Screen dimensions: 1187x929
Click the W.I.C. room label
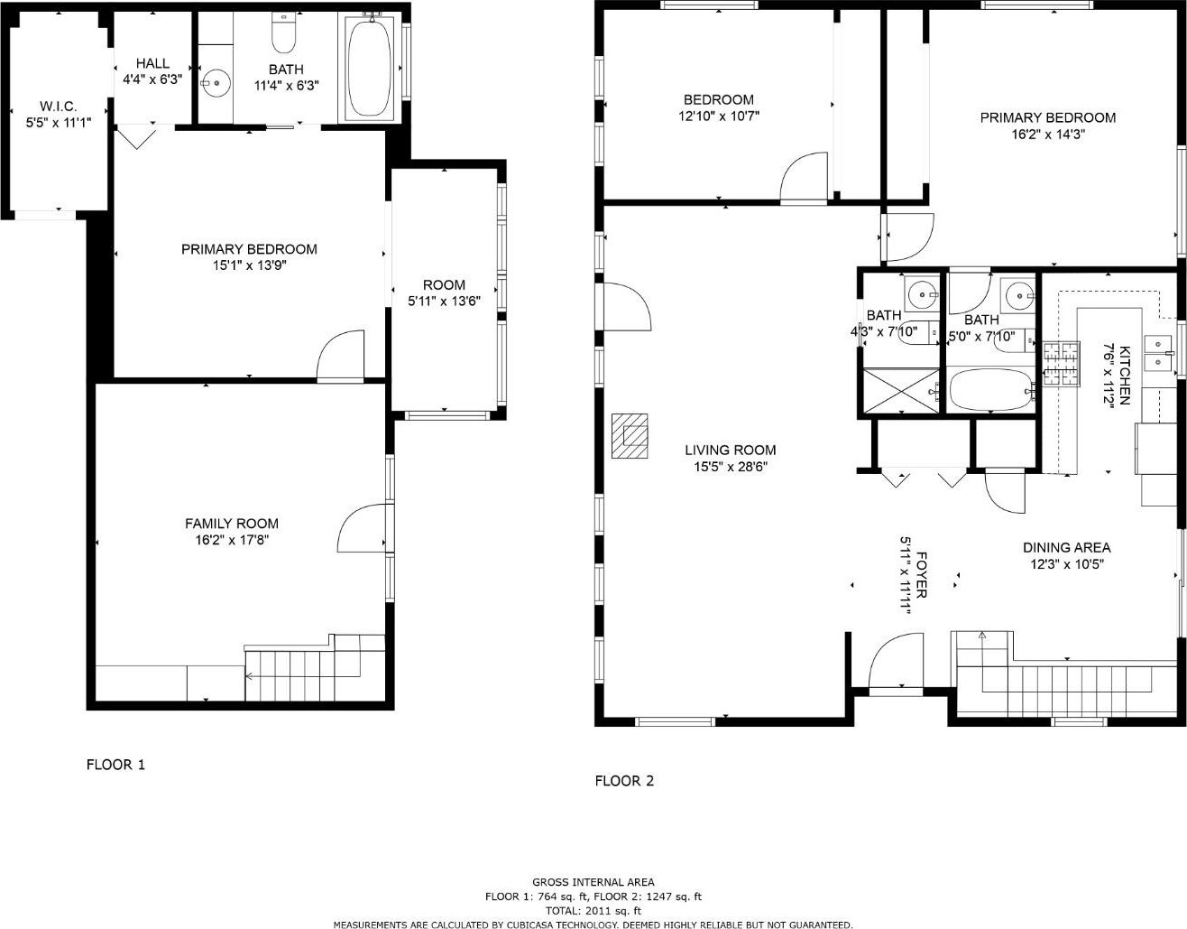58,106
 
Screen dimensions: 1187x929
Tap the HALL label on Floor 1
152,63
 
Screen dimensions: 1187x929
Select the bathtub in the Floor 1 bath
370,68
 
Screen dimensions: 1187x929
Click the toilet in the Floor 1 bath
283,33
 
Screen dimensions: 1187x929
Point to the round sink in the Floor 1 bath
216,83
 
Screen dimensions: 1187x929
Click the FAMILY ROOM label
232,524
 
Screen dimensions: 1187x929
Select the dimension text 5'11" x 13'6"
444,302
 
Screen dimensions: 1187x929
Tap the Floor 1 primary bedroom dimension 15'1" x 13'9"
250,265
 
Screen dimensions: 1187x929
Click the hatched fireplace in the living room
630,436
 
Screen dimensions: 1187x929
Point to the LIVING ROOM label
731,450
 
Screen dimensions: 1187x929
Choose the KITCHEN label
1125,375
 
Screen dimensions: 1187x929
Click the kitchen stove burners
1062,364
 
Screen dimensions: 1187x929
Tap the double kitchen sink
1157,353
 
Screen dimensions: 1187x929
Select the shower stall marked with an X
900,390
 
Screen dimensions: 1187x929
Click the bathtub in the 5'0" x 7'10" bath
991,390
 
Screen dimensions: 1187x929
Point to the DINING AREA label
1066,547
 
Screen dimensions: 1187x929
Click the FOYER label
921,575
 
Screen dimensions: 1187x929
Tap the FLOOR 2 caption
624,781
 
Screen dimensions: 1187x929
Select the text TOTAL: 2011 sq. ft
593,910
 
